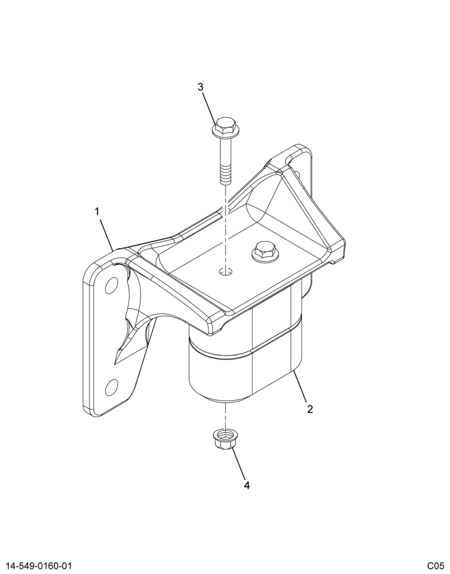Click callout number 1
98,212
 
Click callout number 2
310,409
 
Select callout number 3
200,87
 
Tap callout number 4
247,486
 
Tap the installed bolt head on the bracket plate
264,251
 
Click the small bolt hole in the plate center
226,272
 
